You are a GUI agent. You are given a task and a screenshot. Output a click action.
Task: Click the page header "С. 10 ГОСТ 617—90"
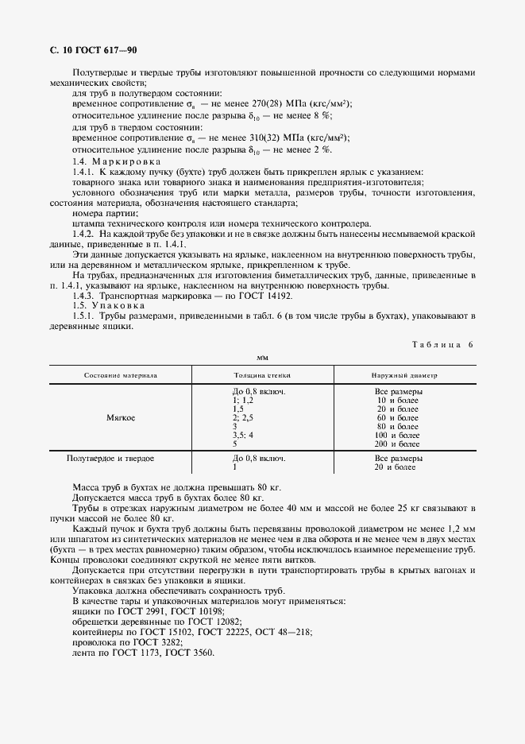coord(93,50)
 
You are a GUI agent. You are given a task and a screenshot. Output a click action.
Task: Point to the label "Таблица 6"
coord(442,344)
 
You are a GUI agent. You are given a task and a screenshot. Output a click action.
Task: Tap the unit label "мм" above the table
coord(262,358)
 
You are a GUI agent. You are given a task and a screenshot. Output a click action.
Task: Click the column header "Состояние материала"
coord(121,374)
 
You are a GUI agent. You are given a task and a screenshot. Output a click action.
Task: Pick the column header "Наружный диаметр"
coord(404,374)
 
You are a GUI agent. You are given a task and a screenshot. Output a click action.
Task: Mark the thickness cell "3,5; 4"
coord(243,435)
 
